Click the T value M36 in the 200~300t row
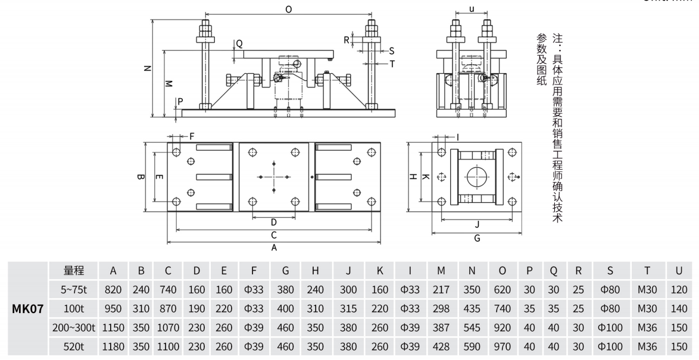[x=647, y=328]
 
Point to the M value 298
[x=441, y=309]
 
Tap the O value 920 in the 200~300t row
[x=502, y=328]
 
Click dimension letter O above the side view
[x=288, y=10]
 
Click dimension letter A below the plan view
[x=274, y=249]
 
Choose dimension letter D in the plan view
[x=273, y=221]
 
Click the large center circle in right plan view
[x=476, y=177]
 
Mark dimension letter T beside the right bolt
[x=392, y=63]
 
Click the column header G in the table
[x=285, y=271]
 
